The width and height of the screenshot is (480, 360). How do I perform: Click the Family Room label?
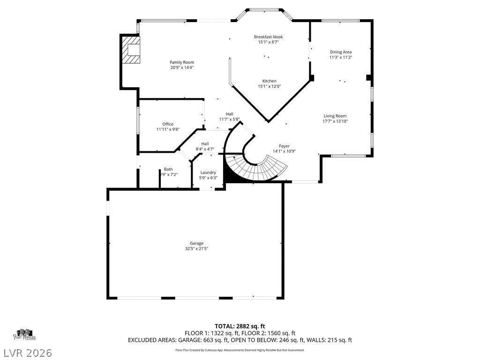[x=182, y=62]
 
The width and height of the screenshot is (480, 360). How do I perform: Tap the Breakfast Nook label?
[x=268, y=37]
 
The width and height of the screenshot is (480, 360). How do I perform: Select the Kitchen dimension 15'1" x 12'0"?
[x=269, y=86]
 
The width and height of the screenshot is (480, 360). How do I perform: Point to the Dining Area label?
[x=340, y=52]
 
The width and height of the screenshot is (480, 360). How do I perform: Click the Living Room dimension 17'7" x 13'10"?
[x=335, y=121]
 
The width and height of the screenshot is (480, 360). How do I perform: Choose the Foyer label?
[x=284, y=146]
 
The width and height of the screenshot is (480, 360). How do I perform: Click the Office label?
[x=168, y=124]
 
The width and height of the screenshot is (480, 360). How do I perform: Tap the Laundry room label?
[x=208, y=172]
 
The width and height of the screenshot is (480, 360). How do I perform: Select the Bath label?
[x=168, y=169]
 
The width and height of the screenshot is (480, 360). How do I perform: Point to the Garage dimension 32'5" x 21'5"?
[x=196, y=248]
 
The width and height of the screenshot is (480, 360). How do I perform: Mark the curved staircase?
[x=253, y=166]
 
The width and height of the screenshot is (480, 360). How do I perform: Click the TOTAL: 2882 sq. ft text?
[x=240, y=326]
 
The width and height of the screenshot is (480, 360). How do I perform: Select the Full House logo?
[x=25, y=334]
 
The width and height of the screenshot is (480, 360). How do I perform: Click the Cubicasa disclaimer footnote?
[x=240, y=350]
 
